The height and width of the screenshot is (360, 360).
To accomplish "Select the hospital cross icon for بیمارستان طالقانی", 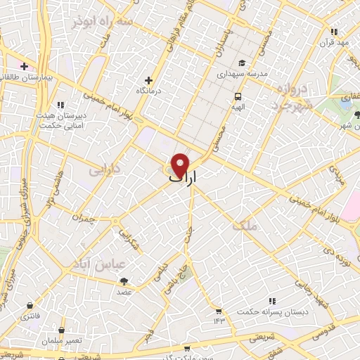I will click(x=25, y=66).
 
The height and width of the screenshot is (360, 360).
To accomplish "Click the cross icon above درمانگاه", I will click(x=148, y=80).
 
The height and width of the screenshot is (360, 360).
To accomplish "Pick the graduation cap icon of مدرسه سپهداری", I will click(x=241, y=62).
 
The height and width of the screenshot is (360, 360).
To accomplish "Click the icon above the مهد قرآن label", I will click(x=334, y=32).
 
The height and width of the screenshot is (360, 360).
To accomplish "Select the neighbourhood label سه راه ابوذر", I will click(x=103, y=22).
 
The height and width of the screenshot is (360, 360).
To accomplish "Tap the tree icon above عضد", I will click(x=124, y=281).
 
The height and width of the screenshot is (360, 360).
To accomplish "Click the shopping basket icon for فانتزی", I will click(x=29, y=306).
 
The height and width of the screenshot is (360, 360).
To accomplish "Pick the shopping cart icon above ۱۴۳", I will click(x=219, y=311).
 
